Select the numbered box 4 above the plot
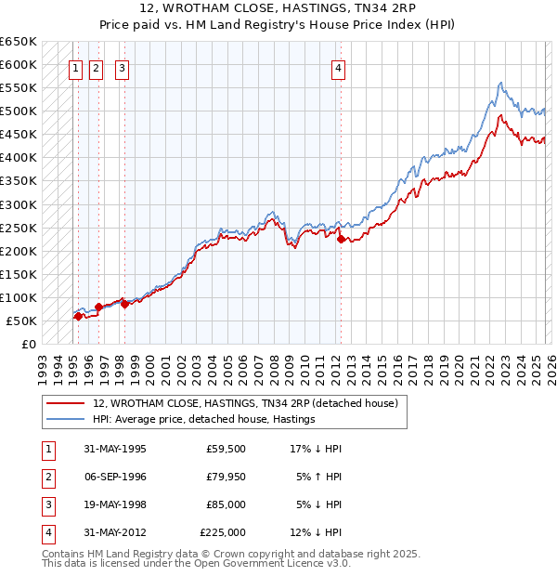pos(340,67)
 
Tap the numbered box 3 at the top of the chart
pos(123,67)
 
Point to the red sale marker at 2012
pos(341,239)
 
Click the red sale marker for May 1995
pos(78,316)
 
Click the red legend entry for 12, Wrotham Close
pos(245,403)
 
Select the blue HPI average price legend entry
pos(204,419)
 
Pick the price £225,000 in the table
pos(223,532)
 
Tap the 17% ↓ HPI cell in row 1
pos(316,449)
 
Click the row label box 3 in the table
pos(45,504)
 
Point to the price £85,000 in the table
pos(227,504)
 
